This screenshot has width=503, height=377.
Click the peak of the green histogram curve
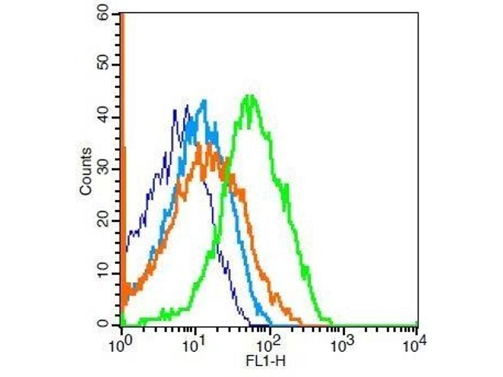coord(250,96)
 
